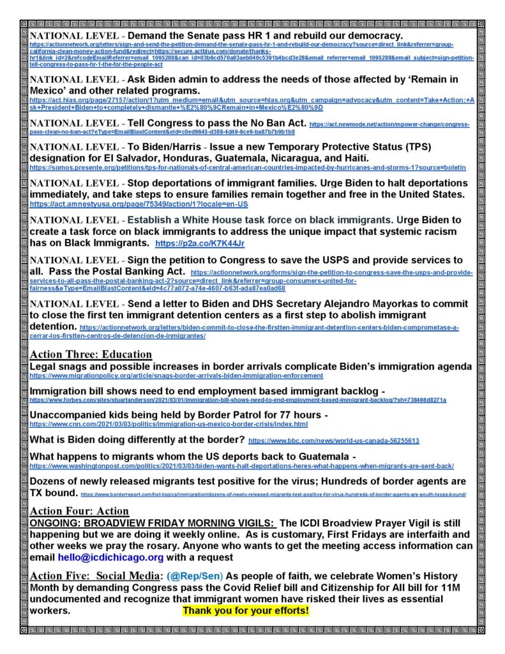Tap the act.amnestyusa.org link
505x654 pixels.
point(139,204)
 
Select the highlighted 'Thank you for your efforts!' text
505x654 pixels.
point(246,611)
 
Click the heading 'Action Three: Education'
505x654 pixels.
point(91,354)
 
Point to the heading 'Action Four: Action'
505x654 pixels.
point(79,511)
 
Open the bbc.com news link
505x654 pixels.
point(333,441)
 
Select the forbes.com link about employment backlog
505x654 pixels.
point(237,400)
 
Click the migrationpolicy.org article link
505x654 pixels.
point(176,376)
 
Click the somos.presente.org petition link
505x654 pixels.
point(248,168)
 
